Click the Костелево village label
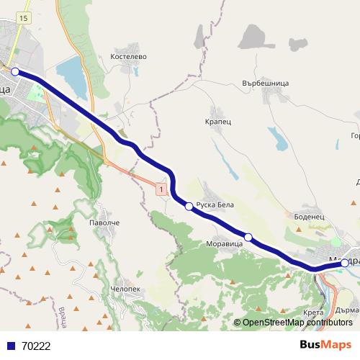point(129,55)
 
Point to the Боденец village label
point(311,215)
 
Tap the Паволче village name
point(104,224)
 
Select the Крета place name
point(313,312)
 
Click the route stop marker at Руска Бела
point(189,207)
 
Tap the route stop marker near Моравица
point(248,237)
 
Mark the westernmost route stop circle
point(15,71)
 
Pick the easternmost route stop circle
point(345,263)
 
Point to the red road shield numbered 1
point(161,189)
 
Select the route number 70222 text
point(36,346)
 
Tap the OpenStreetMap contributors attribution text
point(297,323)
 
